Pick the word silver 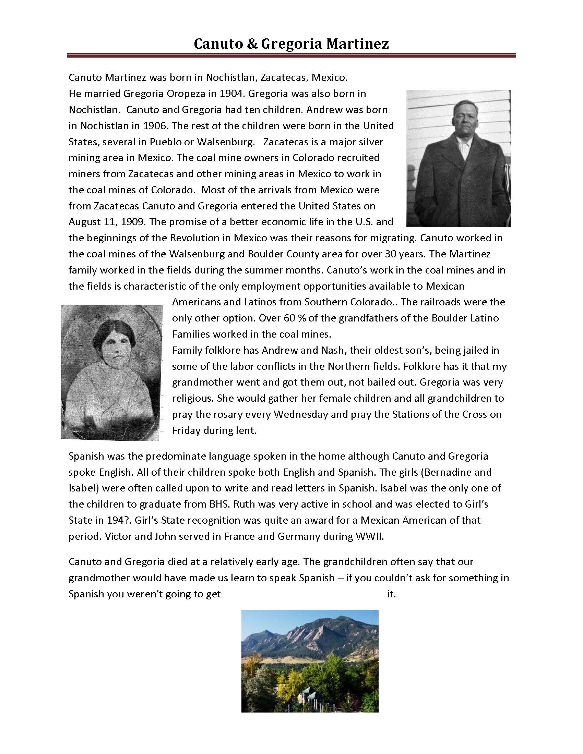pos(371,142)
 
